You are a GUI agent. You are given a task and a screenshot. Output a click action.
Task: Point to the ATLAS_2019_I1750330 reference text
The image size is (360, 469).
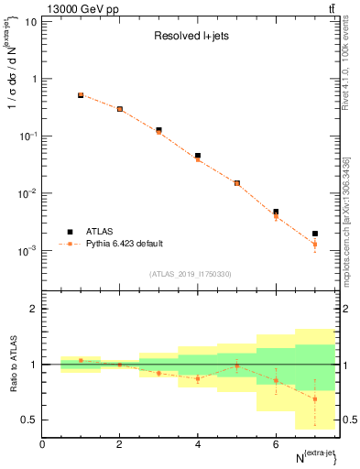click(x=191, y=274)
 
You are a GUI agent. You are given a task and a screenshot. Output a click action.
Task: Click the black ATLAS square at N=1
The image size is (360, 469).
click(x=81, y=95)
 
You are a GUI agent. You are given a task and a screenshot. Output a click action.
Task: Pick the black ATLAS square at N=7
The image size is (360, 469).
click(x=314, y=234)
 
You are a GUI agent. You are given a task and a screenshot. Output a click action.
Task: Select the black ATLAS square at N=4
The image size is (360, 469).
click(x=198, y=156)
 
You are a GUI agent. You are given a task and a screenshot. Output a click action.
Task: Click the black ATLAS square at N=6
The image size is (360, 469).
click(x=276, y=212)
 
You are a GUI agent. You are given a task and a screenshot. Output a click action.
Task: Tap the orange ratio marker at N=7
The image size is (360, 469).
click(x=314, y=398)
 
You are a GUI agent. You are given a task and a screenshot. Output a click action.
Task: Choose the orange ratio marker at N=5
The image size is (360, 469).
click(x=236, y=365)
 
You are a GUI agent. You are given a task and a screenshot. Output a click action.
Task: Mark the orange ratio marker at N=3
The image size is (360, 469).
click(x=158, y=373)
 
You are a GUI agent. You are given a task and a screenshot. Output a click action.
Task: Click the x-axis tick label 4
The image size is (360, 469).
click(x=198, y=444)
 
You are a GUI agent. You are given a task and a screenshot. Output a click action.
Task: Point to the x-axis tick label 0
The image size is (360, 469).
click(x=42, y=444)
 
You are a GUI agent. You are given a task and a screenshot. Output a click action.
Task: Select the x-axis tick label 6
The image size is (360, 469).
click(x=276, y=444)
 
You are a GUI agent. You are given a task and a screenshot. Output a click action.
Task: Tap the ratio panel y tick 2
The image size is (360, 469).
click(x=33, y=309)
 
